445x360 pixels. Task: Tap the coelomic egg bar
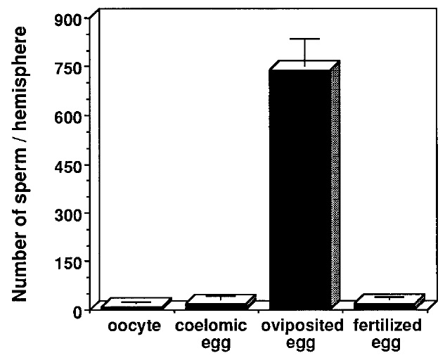(217, 303)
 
